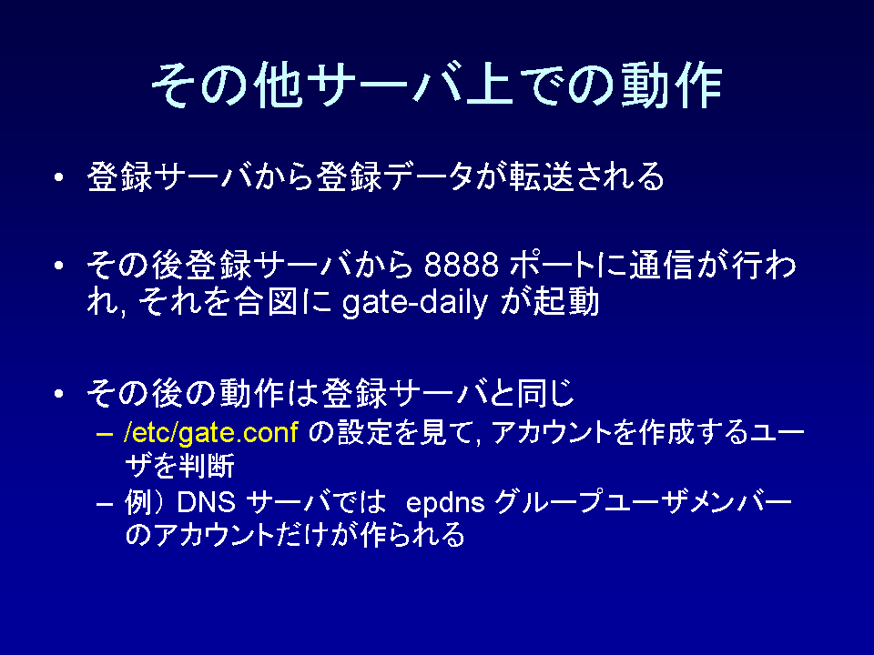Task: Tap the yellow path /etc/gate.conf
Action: pyautogui.click(x=210, y=433)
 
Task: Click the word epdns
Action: pyautogui.click(x=445, y=505)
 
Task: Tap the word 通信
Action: pyautogui.click(x=661, y=265)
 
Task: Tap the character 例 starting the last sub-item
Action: pyautogui.click(x=137, y=502)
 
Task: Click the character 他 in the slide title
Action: pyautogui.click(x=278, y=85)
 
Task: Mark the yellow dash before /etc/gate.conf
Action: pyautogui.click(x=104, y=434)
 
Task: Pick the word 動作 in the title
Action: pyautogui.click(x=672, y=85)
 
